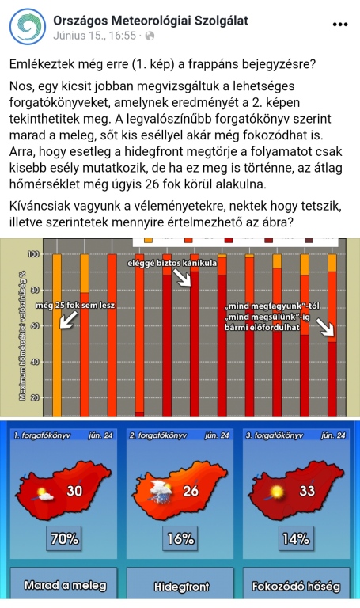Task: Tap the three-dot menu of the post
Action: pos(340,25)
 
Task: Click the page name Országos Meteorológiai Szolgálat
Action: pos(150,19)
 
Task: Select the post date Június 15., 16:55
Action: pos(93,36)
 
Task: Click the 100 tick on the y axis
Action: pos(34,254)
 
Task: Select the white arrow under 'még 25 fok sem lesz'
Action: pos(68,319)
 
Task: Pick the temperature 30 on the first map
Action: pos(74,491)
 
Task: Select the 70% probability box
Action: pos(66,538)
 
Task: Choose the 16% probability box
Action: pos(180,538)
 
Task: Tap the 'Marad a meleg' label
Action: pos(65,587)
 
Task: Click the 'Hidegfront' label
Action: pos(180,587)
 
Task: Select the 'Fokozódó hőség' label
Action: pos(294,587)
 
